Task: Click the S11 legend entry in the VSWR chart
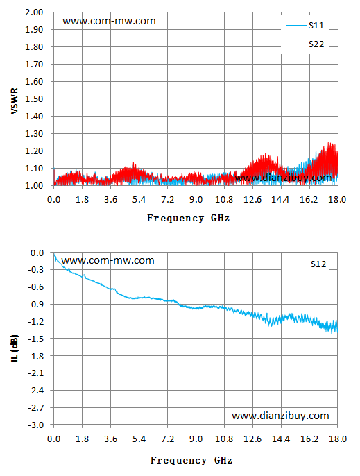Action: [305, 26]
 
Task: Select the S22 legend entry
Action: [305, 44]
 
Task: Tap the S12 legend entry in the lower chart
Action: [307, 264]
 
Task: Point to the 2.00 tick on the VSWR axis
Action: [34, 12]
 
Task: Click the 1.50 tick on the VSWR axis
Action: [34, 99]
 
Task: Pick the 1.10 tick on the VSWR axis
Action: [34, 168]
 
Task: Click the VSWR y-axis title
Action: [15, 101]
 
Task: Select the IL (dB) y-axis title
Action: [15, 348]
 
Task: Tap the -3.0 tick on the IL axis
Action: [36, 425]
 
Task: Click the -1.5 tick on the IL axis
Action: [36, 339]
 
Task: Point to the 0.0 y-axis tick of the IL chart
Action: [37, 253]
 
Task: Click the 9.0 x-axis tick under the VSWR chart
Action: [196, 200]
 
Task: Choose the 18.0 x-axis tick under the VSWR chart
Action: [338, 200]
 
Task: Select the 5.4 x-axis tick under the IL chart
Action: [139, 439]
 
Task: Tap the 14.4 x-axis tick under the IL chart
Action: [281, 439]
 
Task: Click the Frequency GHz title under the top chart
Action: [188, 219]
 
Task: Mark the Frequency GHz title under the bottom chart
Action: [191, 460]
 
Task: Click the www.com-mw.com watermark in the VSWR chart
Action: [109, 21]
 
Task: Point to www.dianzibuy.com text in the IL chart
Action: [280, 416]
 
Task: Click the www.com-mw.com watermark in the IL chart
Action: [108, 260]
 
